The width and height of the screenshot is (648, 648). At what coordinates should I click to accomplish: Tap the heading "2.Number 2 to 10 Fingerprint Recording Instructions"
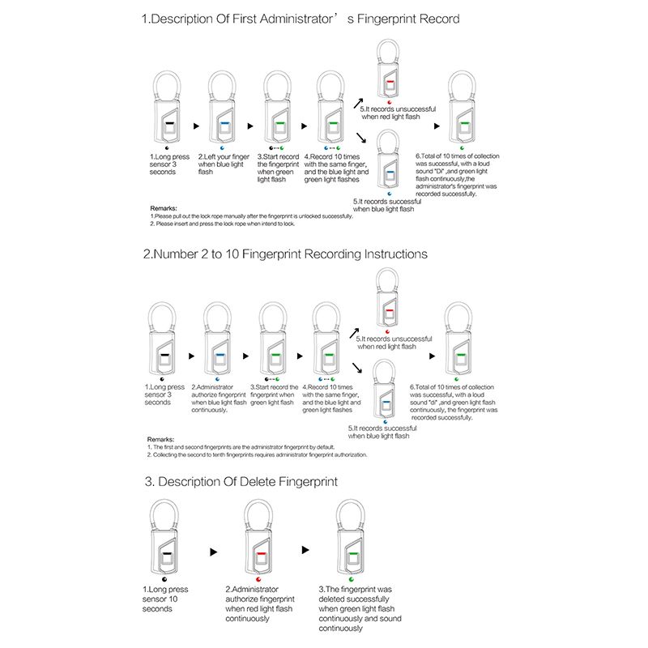[x=285, y=254]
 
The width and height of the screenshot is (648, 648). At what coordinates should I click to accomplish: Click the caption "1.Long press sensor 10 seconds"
[x=165, y=599]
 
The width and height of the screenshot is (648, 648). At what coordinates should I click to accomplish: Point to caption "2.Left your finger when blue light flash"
[x=224, y=164]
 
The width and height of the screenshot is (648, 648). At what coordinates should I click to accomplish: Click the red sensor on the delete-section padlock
[x=260, y=556]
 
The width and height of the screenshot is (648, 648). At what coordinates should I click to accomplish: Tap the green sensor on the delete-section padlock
[x=352, y=556]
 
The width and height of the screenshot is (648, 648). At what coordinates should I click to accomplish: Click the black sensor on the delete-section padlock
[x=166, y=556]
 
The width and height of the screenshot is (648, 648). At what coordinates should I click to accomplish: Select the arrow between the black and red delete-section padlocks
[x=214, y=551]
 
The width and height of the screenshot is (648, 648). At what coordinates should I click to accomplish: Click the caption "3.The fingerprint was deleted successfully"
[x=356, y=608]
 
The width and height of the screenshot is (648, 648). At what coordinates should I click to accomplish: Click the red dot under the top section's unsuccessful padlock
[x=390, y=102]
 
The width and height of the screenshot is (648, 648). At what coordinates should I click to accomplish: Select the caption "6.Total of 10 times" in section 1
[x=458, y=175]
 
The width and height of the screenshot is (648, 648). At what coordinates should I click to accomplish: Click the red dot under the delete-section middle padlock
[x=258, y=580]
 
